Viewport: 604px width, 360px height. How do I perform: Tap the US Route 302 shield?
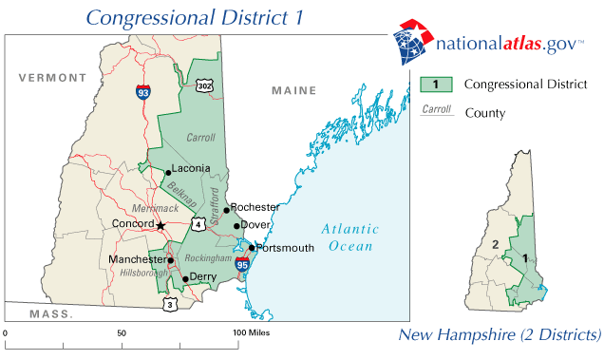[x=204, y=85]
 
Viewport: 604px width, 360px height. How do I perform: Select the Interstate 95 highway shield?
[x=242, y=265]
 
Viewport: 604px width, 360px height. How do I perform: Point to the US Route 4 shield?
[x=198, y=224]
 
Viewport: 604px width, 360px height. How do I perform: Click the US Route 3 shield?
[x=170, y=304]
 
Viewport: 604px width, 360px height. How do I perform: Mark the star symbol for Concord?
[x=160, y=225]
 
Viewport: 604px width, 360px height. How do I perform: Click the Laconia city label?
[x=191, y=169]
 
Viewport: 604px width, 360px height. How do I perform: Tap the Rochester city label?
[x=255, y=207]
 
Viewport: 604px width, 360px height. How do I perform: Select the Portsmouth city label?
[x=285, y=248]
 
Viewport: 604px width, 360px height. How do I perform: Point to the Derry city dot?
[x=185, y=279]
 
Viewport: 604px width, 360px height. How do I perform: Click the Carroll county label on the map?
[x=201, y=138]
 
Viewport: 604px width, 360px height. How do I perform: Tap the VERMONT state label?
[x=46, y=76]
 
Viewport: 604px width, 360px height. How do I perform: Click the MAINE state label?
[x=293, y=90]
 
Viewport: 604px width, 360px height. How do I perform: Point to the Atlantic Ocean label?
[x=349, y=237]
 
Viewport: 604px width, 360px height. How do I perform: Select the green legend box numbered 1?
[x=436, y=85]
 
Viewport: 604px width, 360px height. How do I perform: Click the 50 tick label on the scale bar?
[x=122, y=333]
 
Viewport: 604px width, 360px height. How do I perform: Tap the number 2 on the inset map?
[x=495, y=245]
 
